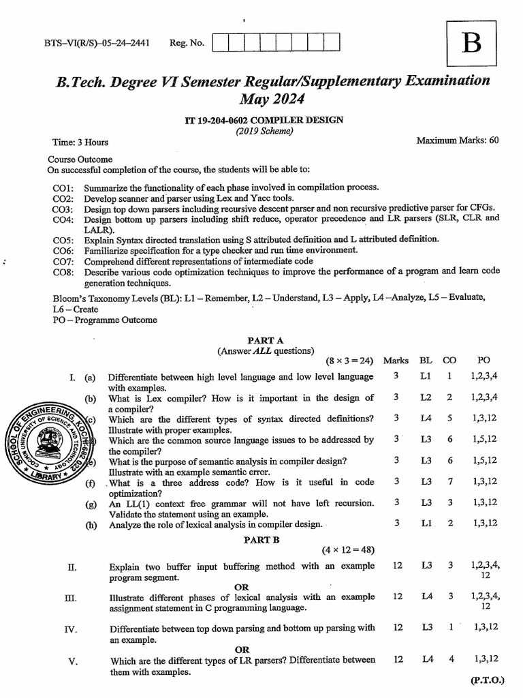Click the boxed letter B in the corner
click(x=471, y=44)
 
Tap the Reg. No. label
click(x=187, y=44)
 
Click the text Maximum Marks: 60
click(x=458, y=140)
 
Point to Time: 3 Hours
click(x=80, y=142)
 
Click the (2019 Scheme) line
click(x=264, y=132)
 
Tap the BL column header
click(x=426, y=361)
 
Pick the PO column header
click(x=484, y=361)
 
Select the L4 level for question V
click(x=427, y=659)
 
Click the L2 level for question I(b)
click(x=426, y=397)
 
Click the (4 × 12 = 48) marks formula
click(x=348, y=550)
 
